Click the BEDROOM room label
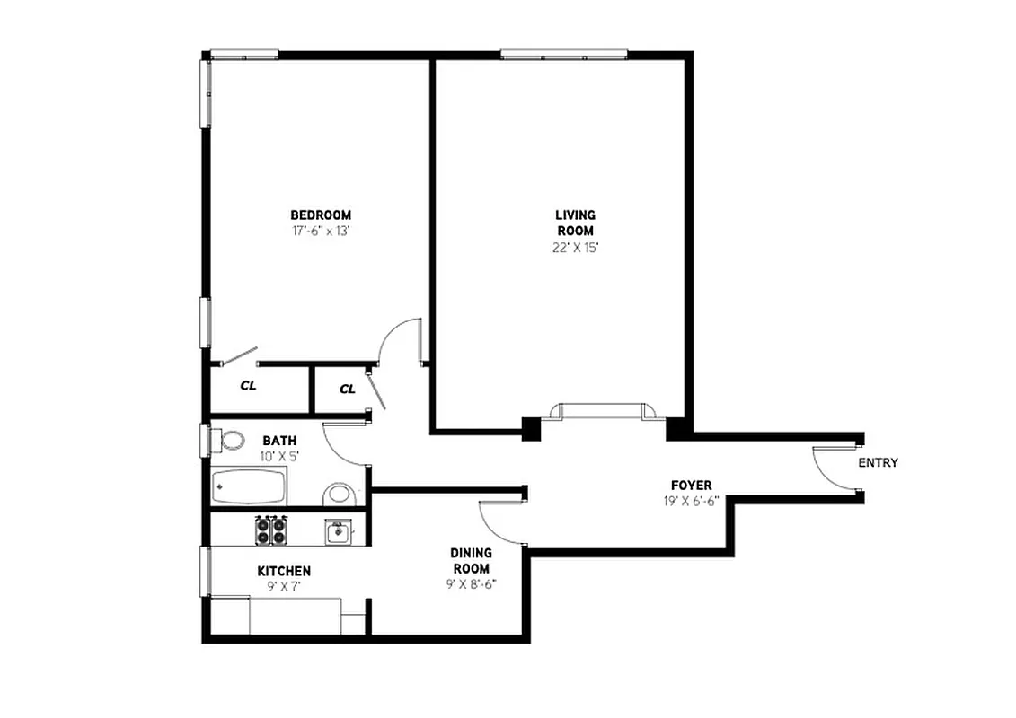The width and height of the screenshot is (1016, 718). (321, 215)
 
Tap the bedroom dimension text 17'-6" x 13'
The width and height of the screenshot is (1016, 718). (320, 230)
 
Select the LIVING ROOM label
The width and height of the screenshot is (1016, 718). (575, 223)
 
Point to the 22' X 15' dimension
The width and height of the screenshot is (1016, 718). (575, 247)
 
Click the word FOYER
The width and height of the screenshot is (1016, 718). (691, 486)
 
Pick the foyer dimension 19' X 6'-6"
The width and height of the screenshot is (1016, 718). (691, 501)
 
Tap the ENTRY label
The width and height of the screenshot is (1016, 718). (878, 463)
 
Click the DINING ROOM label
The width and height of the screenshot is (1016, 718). (471, 561)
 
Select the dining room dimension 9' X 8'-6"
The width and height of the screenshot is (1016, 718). (472, 583)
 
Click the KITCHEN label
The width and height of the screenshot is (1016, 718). (284, 571)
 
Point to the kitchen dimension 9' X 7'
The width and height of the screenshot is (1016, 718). (283, 586)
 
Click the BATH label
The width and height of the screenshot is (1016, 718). (279, 441)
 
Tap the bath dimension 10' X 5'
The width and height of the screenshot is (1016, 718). (280, 456)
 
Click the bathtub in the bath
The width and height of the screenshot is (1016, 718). (250, 488)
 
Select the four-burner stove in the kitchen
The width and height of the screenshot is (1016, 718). (270, 530)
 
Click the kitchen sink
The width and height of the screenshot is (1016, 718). (339, 531)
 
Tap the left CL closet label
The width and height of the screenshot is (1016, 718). (248, 386)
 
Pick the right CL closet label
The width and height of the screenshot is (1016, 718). (348, 389)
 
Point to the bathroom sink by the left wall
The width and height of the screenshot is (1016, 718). (232, 440)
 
